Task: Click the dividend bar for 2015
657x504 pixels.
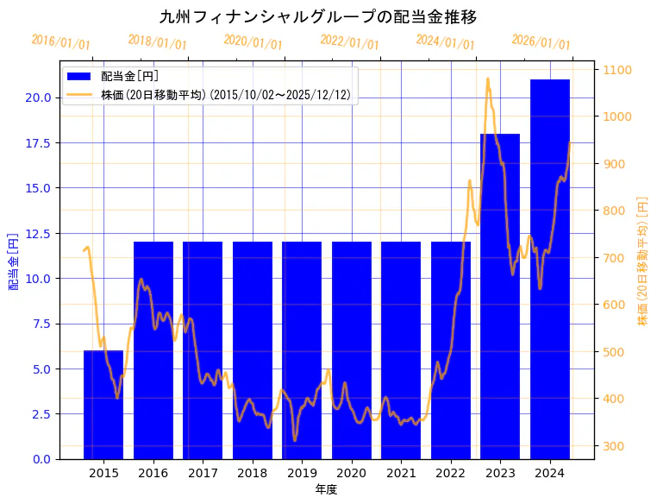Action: coord(103,405)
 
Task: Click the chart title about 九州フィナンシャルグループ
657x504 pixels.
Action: coord(318,16)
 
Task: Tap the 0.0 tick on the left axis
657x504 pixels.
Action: coord(41,459)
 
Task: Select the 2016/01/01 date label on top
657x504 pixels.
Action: coord(60,42)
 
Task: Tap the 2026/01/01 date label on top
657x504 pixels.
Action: coord(541,42)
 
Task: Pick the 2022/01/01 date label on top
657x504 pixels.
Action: coord(349,42)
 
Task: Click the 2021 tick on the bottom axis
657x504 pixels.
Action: coord(401,474)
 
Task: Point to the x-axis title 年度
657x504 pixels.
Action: coord(326,489)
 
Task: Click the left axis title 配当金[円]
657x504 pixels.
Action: coord(13,261)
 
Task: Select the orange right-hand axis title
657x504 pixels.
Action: coord(641,261)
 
